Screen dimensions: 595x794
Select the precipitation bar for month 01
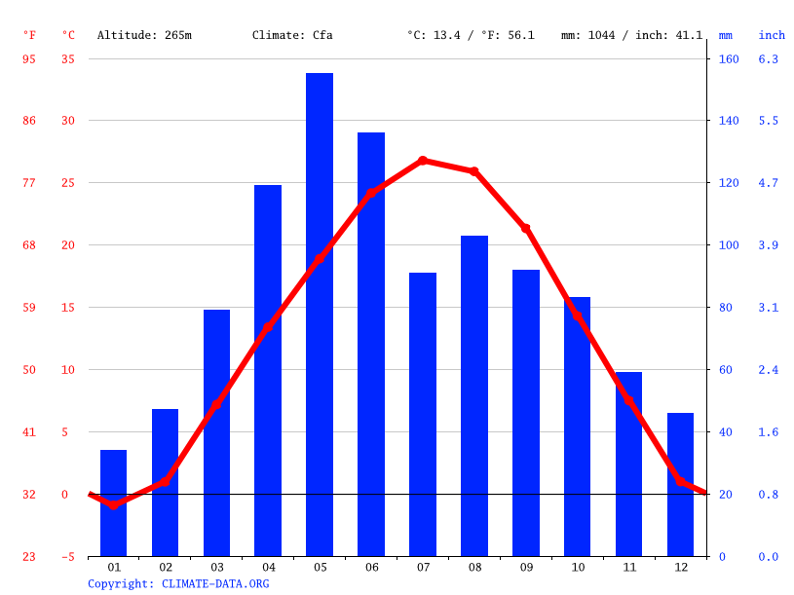pos(114,503)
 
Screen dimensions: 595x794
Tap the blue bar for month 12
pos(680,485)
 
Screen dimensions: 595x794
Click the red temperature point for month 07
pos(423,161)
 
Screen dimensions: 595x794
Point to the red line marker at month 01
pos(114,504)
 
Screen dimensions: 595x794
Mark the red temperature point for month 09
pos(526,228)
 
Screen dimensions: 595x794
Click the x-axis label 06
pos(371,567)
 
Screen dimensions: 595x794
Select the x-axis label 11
pos(628,567)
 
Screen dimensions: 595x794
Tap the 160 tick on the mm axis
pos(729,58)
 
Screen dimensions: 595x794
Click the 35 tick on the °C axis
pos(68,58)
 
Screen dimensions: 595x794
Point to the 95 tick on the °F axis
pos(29,58)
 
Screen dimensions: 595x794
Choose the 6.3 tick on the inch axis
pos(769,58)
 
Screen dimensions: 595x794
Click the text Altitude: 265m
pos(144,35)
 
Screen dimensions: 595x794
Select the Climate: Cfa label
pos(292,35)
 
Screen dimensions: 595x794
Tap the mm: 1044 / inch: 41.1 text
pos(631,35)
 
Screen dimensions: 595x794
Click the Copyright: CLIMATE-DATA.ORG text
pos(178,583)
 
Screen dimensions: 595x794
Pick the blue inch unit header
pos(772,35)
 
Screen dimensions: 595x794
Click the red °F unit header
pos(29,35)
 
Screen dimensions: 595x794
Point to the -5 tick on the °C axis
pos(68,557)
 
